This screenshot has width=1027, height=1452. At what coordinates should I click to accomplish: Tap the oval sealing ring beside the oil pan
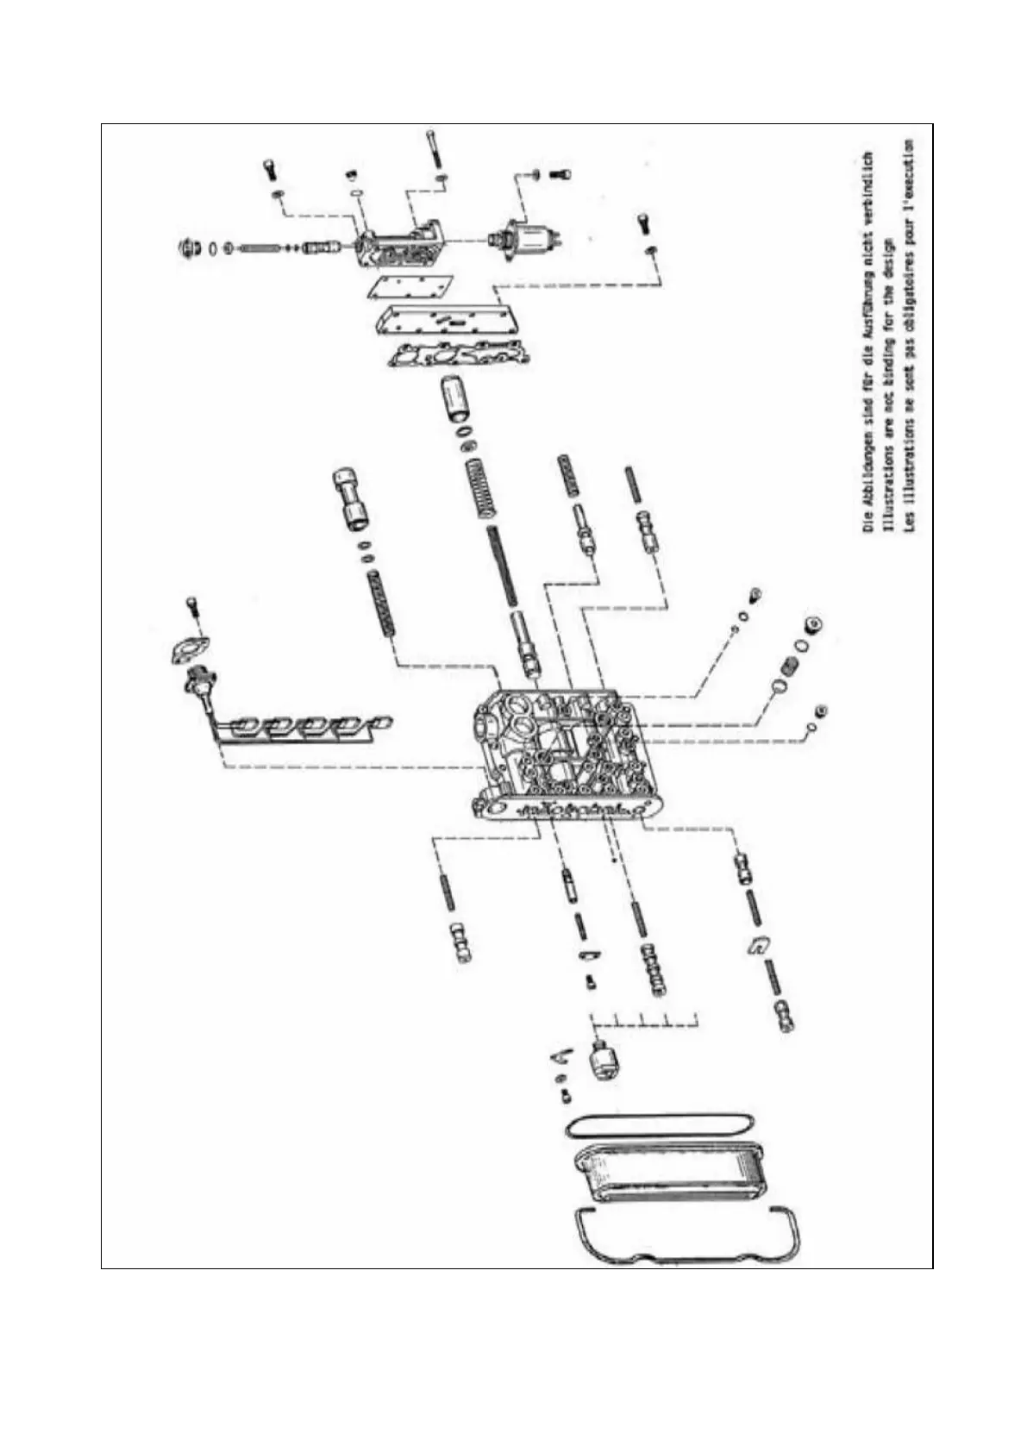[660, 1124]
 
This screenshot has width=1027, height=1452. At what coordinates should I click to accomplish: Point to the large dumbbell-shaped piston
[350, 499]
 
